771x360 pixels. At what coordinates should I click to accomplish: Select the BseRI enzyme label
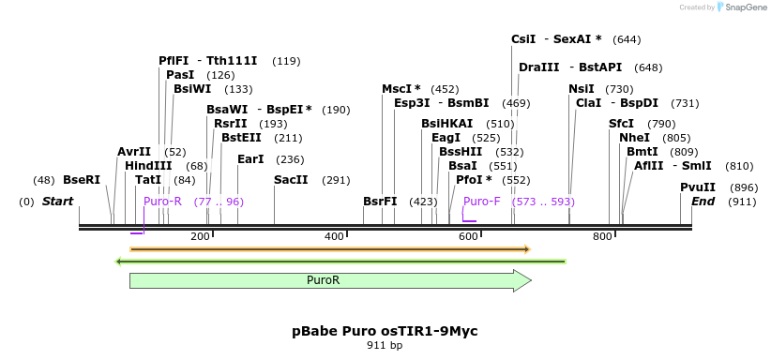[x=82, y=180]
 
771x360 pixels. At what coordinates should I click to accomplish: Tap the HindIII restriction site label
[x=146, y=166]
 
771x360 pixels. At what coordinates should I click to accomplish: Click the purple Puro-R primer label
[x=162, y=202]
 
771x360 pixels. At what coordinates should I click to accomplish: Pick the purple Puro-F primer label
[x=482, y=202]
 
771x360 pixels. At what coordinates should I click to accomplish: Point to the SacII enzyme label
[x=291, y=180]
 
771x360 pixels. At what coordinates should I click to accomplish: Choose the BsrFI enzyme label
[x=380, y=202]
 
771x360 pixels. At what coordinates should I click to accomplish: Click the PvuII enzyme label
[x=698, y=187]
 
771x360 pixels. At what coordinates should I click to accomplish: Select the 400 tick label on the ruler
[x=335, y=236]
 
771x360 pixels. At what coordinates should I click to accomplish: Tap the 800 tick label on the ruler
[x=602, y=236]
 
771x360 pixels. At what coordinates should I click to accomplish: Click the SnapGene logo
[x=742, y=7]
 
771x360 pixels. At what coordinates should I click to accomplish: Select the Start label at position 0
[x=57, y=202]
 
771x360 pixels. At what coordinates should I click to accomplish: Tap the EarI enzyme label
[x=251, y=159]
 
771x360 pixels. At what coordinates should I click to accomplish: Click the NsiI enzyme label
[x=582, y=88]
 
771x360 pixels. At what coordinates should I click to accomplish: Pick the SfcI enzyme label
[x=622, y=124]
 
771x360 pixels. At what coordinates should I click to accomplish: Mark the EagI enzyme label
[x=446, y=138]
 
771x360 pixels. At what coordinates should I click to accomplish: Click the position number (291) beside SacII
[x=336, y=180]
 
